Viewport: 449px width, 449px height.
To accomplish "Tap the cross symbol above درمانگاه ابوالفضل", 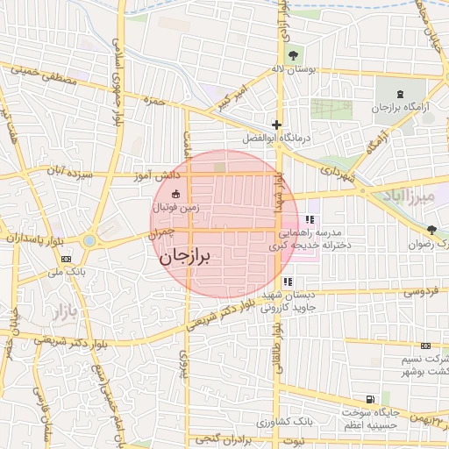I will pos(277,125).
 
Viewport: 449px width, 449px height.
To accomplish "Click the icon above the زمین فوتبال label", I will pos(175,194).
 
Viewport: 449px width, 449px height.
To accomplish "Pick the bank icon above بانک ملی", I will pos(67,259).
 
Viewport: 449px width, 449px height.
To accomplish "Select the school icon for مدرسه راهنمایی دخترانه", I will pos(309,219).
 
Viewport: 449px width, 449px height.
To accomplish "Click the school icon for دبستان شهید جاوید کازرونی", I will pos(289,282).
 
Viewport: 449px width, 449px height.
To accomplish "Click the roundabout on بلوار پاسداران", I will pos(89,239).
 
